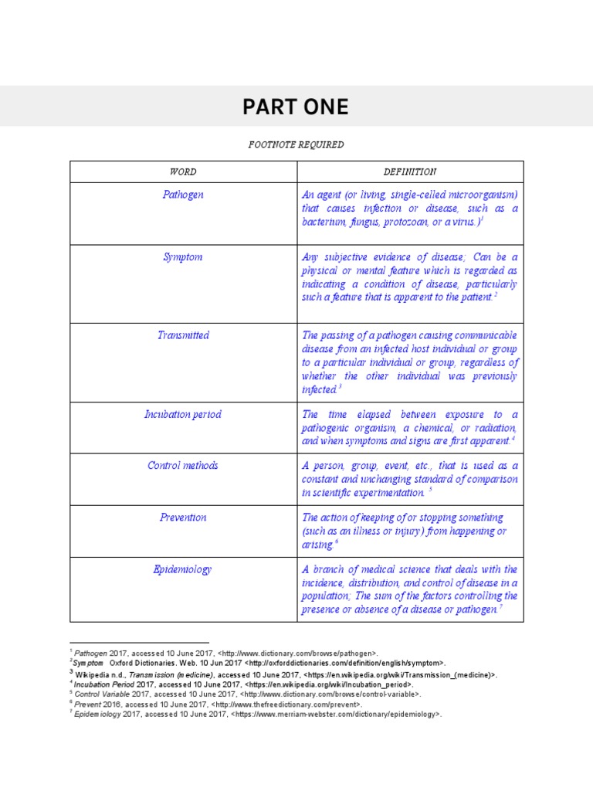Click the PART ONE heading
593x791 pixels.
296,107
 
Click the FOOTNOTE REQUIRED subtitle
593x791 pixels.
296,144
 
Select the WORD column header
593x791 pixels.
183,171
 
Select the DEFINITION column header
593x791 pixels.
410,171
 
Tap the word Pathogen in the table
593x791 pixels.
183,195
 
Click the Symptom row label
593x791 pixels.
183,256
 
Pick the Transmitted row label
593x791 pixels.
183,335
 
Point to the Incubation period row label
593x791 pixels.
183,414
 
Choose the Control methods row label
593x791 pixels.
183,466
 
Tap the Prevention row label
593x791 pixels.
183,518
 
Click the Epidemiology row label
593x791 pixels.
183,569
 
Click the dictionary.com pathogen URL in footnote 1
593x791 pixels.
293,654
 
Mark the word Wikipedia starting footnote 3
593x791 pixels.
91,674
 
